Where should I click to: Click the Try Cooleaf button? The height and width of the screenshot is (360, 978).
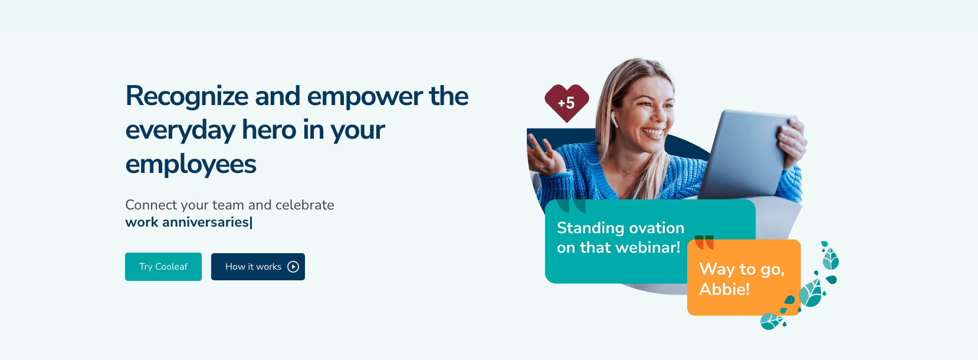point(163,267)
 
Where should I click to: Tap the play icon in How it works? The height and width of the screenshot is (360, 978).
point(293,267)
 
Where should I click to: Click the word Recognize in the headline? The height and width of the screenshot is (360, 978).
point(187,97)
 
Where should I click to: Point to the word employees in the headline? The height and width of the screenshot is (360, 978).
point(191,165)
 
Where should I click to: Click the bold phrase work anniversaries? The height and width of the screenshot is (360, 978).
point(187,222)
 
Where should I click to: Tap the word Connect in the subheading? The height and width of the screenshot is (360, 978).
point(151,205)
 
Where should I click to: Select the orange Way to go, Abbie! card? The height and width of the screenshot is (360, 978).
point(744,277)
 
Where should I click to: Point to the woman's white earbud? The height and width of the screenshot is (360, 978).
point(614,119)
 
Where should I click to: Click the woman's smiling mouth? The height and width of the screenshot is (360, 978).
point(652,132)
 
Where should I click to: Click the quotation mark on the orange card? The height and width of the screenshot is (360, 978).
point(704,242)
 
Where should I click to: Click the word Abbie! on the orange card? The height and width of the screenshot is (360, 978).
point(724,289)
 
